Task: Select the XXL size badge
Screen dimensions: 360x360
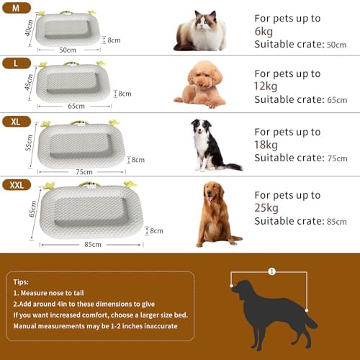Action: [x=16, y=185]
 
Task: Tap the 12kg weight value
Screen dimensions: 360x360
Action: [x=266, y=87]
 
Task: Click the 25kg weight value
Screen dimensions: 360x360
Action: [x=266, y=208]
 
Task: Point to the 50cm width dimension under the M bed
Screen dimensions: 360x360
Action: [x=68, y=50]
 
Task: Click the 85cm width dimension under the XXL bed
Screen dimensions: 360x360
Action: [x=92, y=244]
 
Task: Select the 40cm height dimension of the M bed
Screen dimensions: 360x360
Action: [x=29, y=27]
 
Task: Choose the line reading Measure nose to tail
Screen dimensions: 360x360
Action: [x=58, y=294]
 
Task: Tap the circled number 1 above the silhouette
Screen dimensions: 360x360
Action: [x=271, y=272]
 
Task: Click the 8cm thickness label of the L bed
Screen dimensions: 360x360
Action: [x=125, y=94]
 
